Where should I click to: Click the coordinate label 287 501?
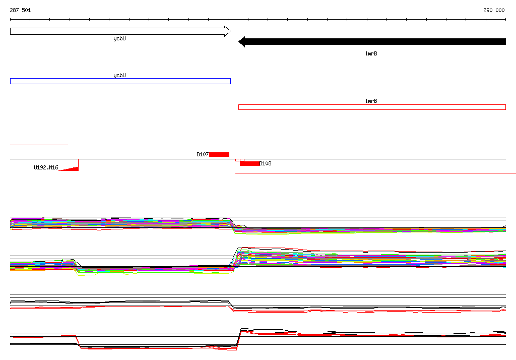(x=20, y=10)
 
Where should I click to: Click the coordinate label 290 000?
(x=494, y=10)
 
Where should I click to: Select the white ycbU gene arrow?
(x=120, y=31)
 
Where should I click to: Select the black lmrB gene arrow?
(x=372, y=42)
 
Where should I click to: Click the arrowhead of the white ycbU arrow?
(x=228, y=31)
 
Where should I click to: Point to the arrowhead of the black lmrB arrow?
(x=241, y=42)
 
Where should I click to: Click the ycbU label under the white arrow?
(x=119, y=39)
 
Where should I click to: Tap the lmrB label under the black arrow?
(x=371, y=53)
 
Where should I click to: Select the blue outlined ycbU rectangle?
(x=120, y=81)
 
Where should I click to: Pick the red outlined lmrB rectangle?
(x=372, y=107)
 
